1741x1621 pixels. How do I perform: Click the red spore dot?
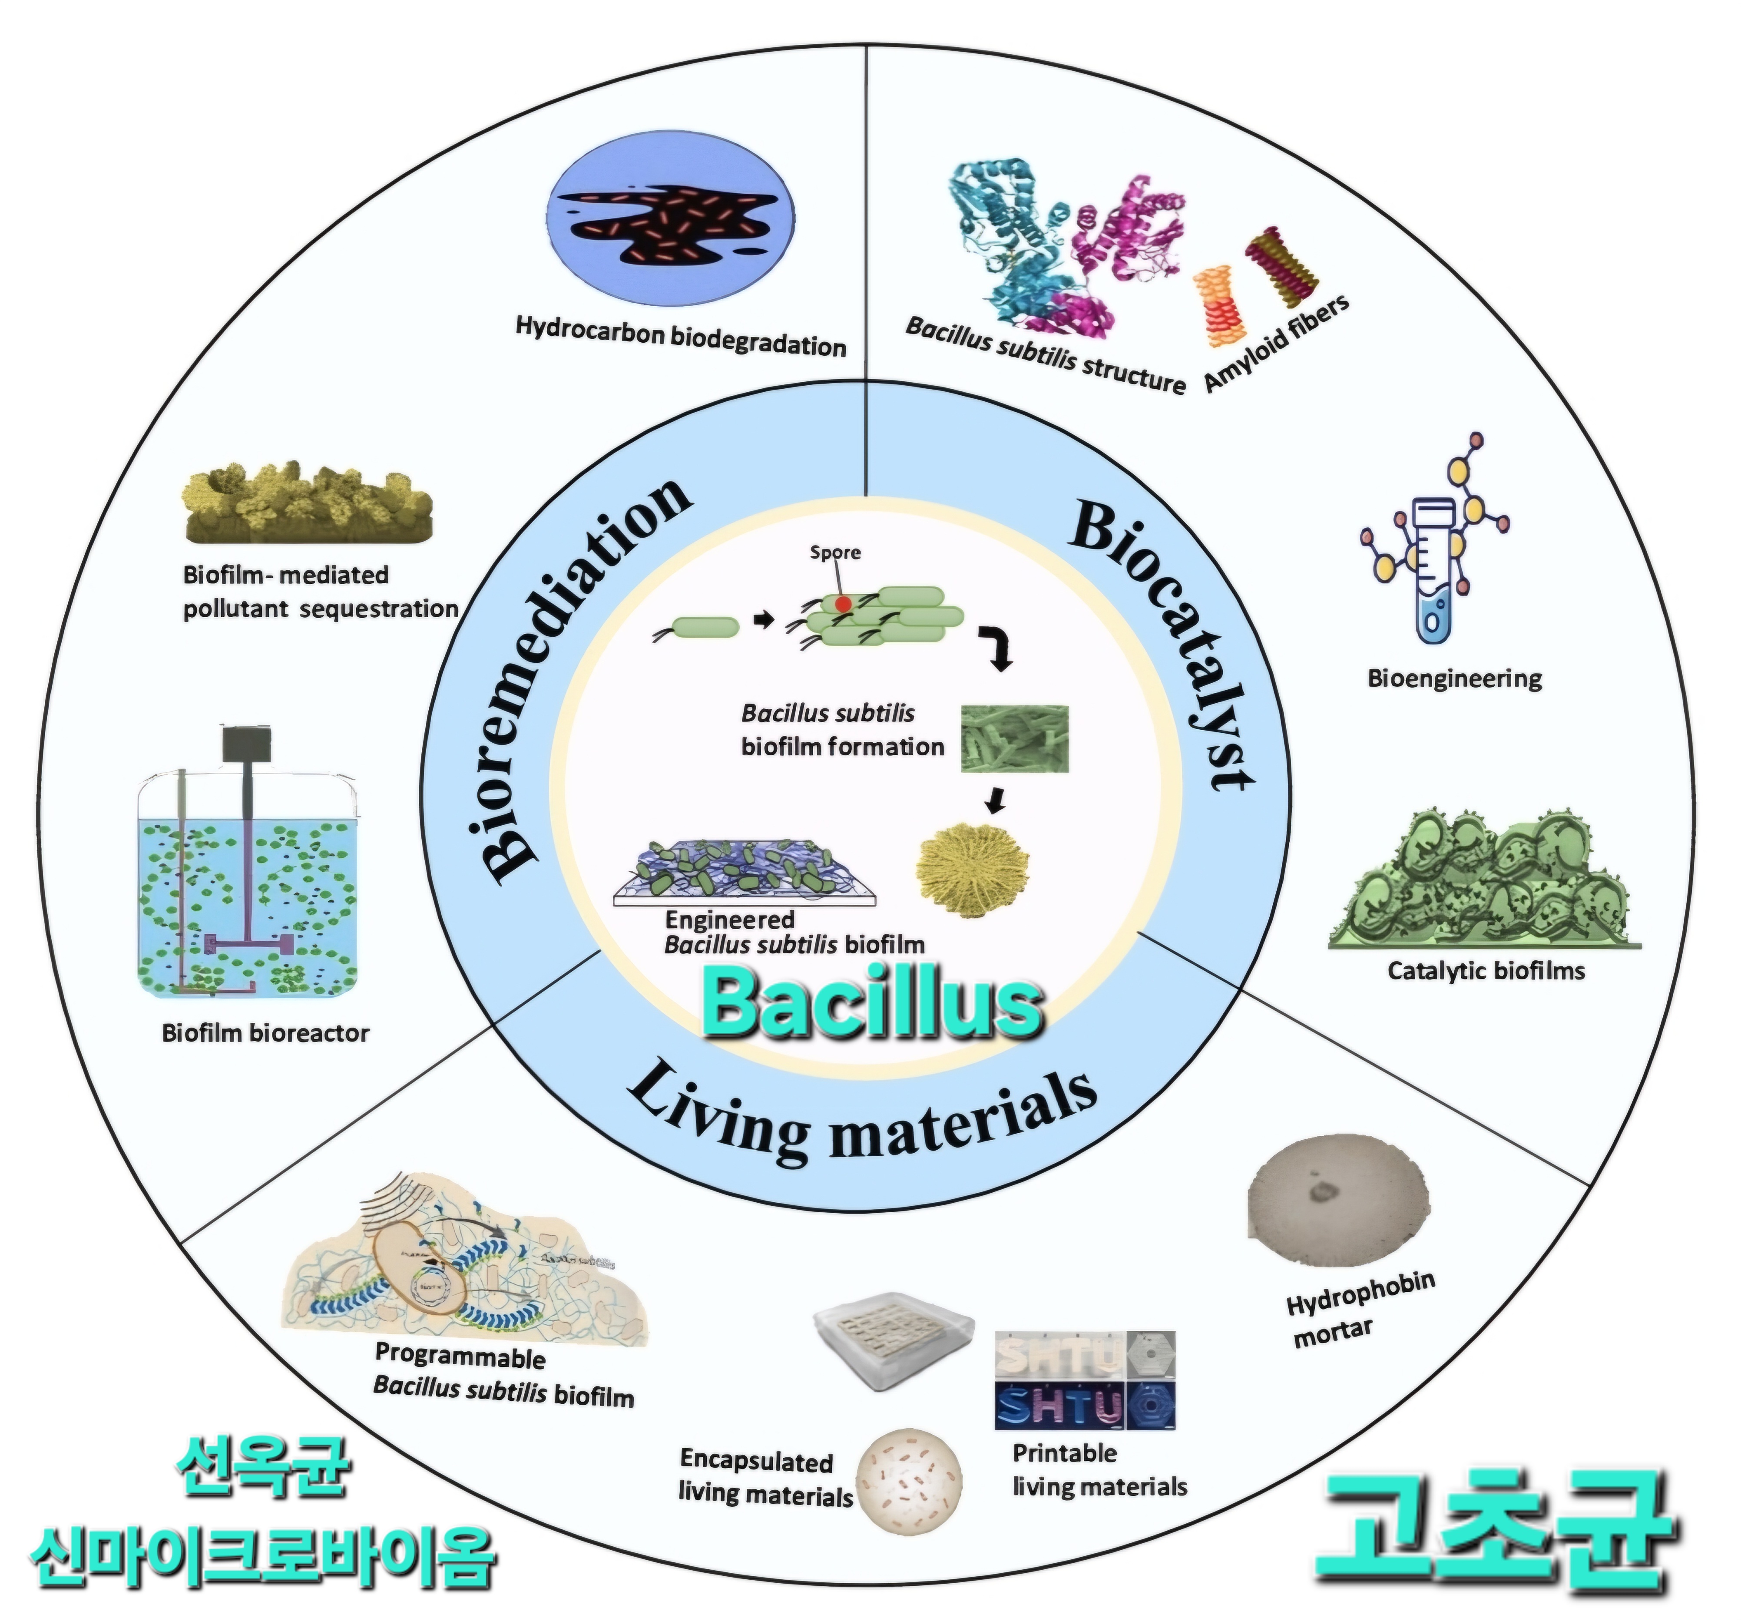coord(842,603)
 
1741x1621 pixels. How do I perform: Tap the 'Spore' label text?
coord(834,552)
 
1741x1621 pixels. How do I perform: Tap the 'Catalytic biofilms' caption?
coord(1486,970)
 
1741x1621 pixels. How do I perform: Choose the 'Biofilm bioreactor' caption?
coord(265,1033)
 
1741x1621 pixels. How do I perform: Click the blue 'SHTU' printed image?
coord(1059,1406)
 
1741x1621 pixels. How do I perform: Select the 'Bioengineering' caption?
coord(1455,679)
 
